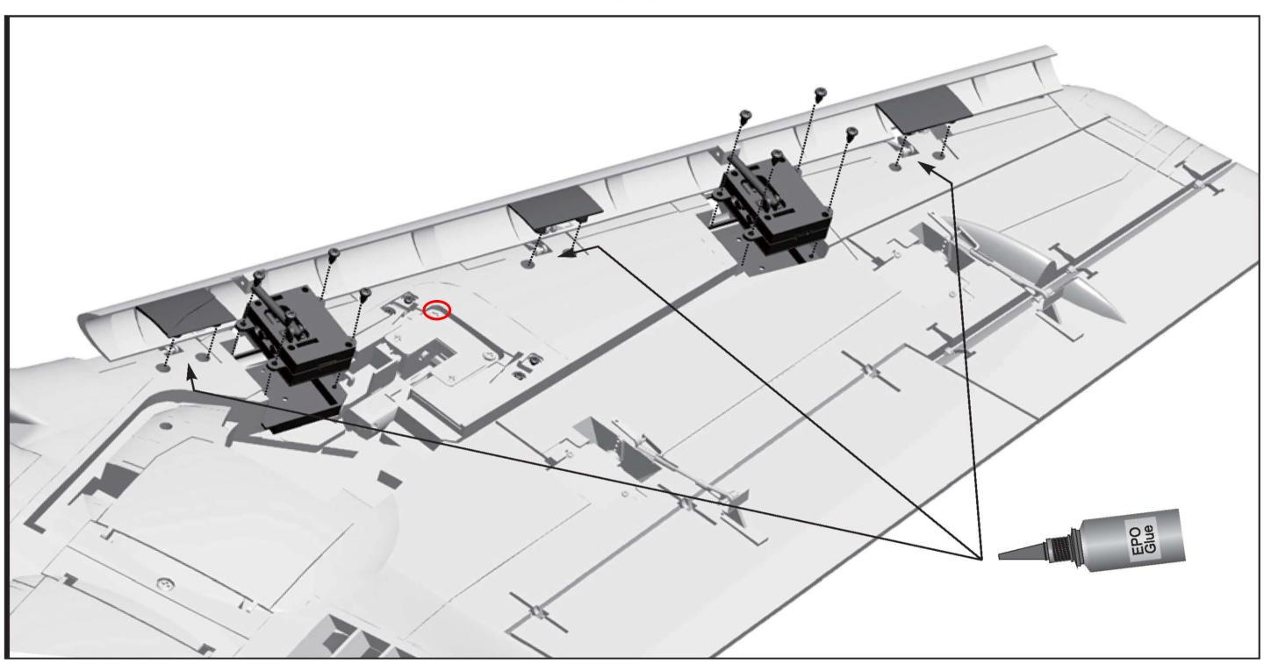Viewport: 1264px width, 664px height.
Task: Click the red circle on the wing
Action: [437, 310]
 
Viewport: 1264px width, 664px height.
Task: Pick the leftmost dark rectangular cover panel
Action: [183, 311]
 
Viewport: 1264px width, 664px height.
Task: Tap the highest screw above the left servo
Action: [334, 253]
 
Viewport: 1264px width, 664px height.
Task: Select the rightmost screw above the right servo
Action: [852, 133]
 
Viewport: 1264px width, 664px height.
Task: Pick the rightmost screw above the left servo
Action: [365, 293]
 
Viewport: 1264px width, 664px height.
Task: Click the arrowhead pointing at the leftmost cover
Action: [190, 373]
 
